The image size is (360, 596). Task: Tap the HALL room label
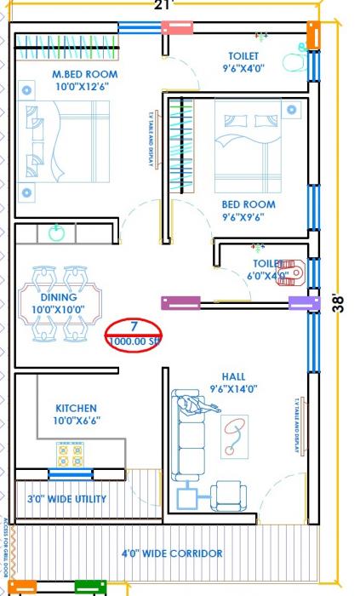(x=233, y=382)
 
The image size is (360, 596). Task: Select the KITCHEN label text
(x=76, y=414)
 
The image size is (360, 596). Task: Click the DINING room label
(x=58, y=303)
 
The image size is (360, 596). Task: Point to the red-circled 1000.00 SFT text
(x=134, y=341)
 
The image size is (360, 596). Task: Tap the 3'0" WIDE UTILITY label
(x=66, y=498)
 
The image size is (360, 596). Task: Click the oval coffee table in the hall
(x=235, y=436)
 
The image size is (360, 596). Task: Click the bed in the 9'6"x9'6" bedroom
(x=248, y=147)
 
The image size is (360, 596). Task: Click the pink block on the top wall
(x=176, y=27)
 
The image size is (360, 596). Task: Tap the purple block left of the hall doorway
(x=180, y=302)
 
